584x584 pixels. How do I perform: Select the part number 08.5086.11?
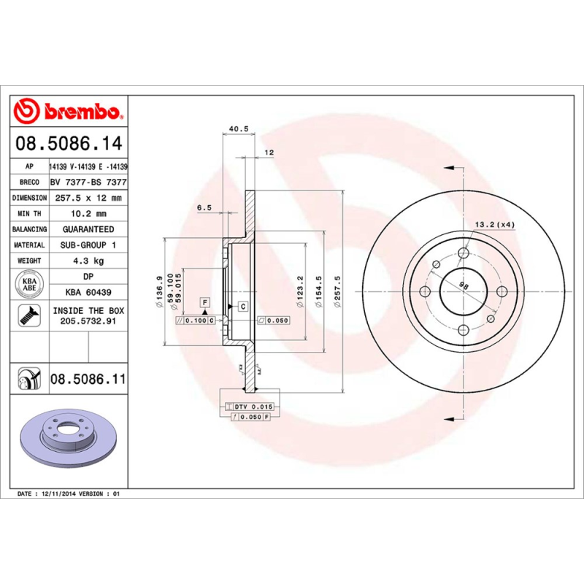[x=88, y=379]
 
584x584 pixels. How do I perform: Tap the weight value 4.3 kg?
[x=88, y=261]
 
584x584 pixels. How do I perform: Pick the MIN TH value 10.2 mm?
[x=88, y=214]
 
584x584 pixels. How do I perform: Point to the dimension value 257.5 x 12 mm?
[x=88, y=198]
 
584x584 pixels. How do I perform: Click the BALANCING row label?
[x=30, y=229]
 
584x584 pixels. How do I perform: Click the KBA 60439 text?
[x=88, y=292]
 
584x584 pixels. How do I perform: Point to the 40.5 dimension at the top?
[x=239, y=128]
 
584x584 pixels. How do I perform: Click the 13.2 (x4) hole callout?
[x=495, y=224]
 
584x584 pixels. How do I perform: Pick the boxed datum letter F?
[x=205, y=301]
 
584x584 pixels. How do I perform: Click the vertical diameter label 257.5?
[x=337, y=292]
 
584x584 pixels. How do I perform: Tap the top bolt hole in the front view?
[x=463, y=253]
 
